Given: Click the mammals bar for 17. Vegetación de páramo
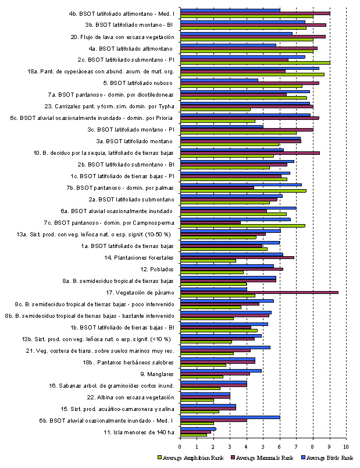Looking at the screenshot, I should (259, 292).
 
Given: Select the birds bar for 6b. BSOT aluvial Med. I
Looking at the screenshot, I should (230, 417).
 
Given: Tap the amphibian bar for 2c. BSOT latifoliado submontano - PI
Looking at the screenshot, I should (255, 63).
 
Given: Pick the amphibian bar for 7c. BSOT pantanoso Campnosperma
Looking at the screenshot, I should (243, 226).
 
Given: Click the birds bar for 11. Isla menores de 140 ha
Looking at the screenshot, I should (198, 429).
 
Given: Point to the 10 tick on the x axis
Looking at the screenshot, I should (346, 446).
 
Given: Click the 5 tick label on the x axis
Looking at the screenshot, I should (263, 446).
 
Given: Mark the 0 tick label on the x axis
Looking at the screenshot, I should (181, 446).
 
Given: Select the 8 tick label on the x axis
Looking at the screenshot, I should (313, 446).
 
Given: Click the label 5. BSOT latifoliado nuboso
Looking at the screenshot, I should (141, 83).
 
